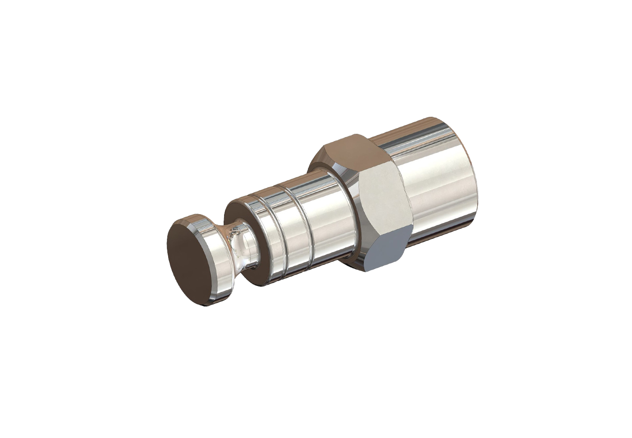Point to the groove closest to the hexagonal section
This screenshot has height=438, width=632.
pyautogui.click(x=305, y=227)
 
